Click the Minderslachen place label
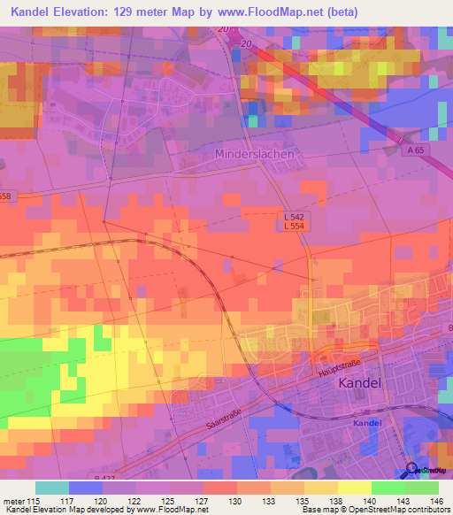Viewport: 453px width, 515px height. (254, 153)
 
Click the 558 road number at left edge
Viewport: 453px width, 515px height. (6, 196)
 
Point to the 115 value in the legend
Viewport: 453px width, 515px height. (34, 500)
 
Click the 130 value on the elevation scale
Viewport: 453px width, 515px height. (236, 500)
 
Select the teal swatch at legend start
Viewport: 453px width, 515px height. (52, 488)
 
